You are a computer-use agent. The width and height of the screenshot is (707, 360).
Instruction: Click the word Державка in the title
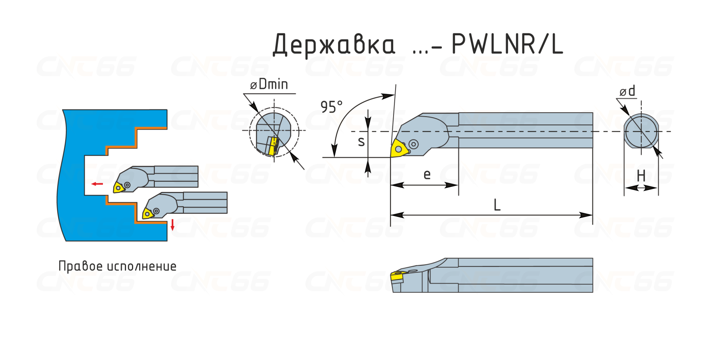click(x=334, y=44)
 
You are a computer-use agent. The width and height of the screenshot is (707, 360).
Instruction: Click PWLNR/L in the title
click(x=507, y=44)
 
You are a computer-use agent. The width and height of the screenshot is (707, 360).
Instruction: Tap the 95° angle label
click(x=332, y=107)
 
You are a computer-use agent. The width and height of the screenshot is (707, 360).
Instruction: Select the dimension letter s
click(x=361, y=142)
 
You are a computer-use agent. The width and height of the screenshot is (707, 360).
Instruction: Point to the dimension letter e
click(x=427, y=174)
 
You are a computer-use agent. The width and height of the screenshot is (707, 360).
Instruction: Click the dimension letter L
click(x=497, y=205)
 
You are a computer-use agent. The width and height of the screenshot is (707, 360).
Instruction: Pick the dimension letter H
click(x=641, y=175)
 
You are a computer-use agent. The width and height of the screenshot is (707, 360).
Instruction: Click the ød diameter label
click(x=627, y=91)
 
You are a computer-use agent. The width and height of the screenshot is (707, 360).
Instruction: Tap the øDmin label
click(x=269, y=84)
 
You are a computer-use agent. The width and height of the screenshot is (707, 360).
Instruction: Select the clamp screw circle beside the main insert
click(x=413, y=144)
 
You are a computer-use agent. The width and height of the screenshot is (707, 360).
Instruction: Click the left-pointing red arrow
click(x=97, y=184)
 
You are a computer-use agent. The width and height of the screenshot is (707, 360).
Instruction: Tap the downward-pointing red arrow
click(x=172, y=225)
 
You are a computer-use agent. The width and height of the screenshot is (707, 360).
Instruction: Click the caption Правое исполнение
click(x=117, y=266)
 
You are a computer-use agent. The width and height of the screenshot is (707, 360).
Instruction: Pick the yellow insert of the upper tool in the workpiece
click(x=118, y=188)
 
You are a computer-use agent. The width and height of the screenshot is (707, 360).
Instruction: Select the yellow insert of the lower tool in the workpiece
click(x=148, y=214)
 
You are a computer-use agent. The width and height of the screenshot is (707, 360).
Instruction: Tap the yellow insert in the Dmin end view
click(x=273, y=146)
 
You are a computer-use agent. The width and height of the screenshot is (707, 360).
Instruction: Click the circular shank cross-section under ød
click(x=641, y=132)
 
